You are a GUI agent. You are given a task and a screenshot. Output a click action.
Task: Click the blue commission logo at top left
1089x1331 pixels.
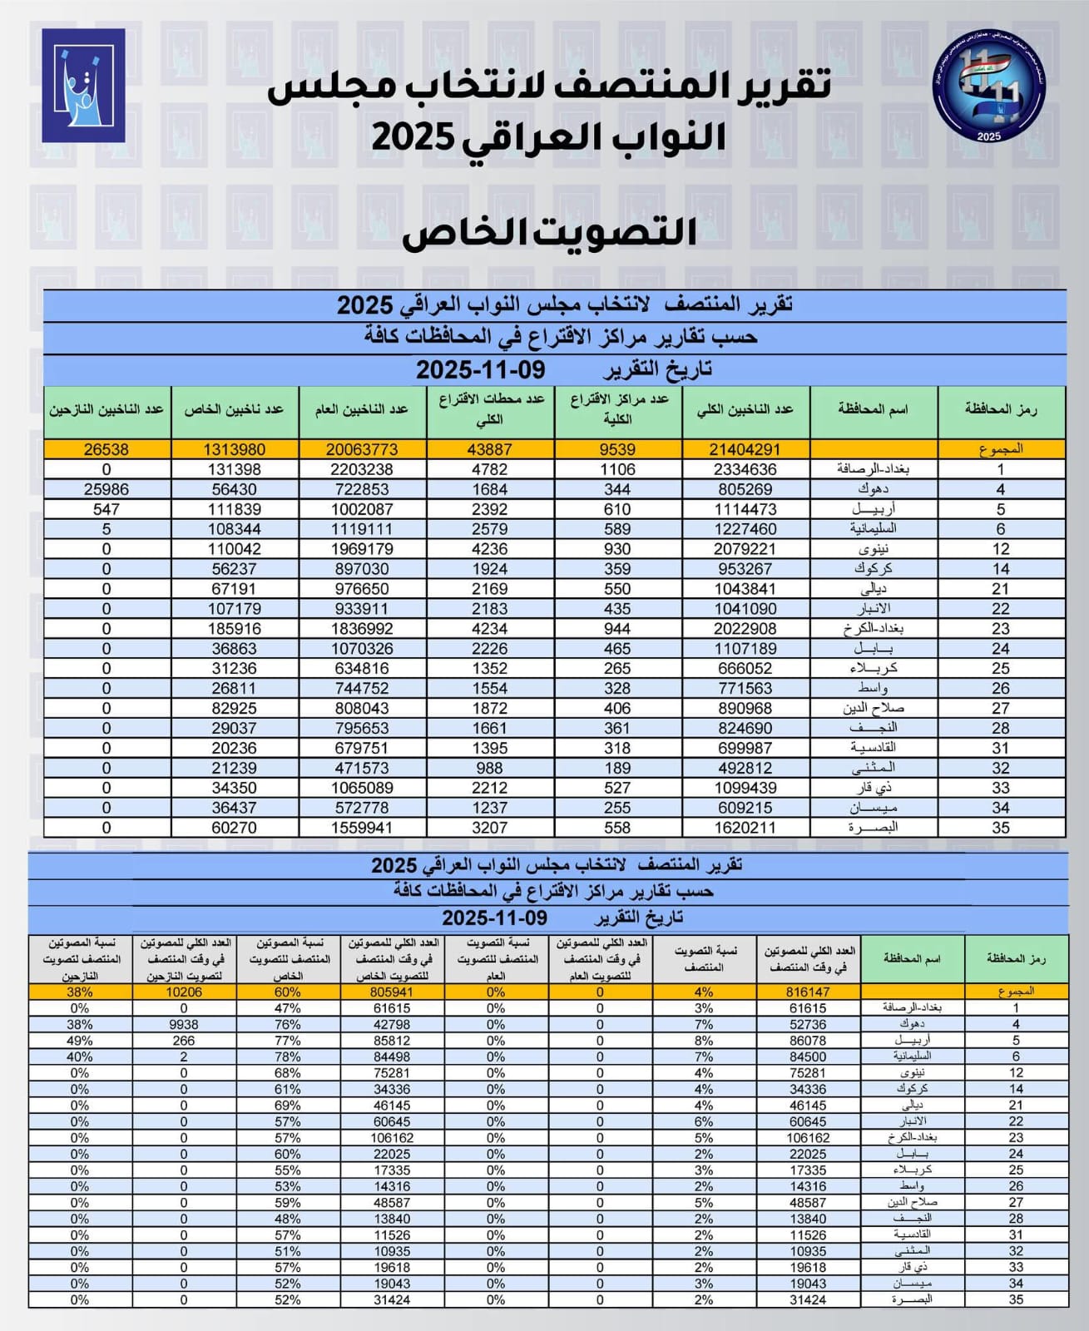click(x=83, y=86)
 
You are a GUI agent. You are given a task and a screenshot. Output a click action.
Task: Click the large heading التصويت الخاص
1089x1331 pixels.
click(x=549, y=233)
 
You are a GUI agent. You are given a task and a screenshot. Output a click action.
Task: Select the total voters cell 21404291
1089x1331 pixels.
click(x=745, y=449)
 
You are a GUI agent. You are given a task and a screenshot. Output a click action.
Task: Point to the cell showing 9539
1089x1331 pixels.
click(x=617, y=449)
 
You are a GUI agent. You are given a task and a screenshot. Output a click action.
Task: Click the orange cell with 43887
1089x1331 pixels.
click(x=489, y=449)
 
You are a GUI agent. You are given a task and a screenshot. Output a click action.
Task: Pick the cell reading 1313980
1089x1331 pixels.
click(x=234, y=449)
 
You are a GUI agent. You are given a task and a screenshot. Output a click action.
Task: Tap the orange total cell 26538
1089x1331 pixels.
click(x=106, y=449)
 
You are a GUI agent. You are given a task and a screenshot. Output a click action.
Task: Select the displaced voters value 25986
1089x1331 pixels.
click(x=106, y=489)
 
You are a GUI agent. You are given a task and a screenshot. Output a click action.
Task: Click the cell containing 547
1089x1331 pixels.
click(x=106, y=509)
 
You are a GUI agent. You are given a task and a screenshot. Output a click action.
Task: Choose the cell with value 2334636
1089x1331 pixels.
click(x=745, y=469)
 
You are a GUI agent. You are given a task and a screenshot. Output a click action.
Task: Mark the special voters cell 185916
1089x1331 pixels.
click(x=234, y=629)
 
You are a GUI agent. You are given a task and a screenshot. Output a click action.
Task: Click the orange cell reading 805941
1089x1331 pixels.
click(x=392, y=992)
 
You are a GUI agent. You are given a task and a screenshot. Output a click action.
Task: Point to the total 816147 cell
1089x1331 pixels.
click(x=808, y=992)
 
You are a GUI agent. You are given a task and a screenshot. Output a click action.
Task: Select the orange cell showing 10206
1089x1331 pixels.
click(x=184, y=992)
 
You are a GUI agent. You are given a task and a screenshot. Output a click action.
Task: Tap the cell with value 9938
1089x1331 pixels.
click(x=184, y=1024)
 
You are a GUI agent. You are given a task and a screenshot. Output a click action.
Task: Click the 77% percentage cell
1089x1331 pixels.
click(x=288, y=1041)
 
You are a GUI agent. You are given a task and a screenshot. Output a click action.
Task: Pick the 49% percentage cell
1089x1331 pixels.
click(x=80, y=1041)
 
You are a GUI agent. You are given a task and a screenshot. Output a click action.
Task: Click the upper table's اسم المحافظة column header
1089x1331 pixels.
click(x=873, y=409)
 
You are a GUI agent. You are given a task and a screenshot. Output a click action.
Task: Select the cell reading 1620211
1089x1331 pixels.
click(x=745, y=828)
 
